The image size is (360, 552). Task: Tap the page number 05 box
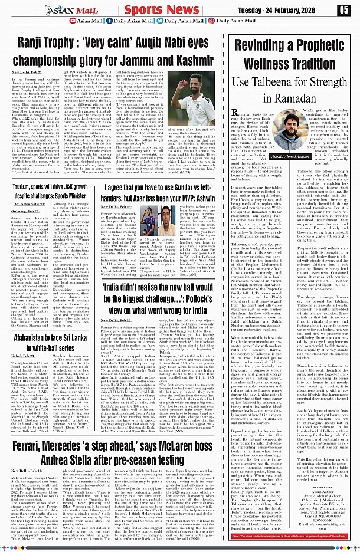coord(343,9)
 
